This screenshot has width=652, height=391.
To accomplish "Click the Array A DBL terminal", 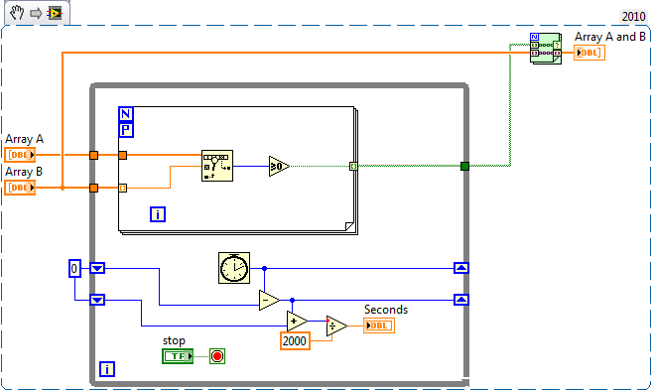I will click(x=20, y=155).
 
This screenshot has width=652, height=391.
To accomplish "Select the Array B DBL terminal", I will click(x=20, y=188).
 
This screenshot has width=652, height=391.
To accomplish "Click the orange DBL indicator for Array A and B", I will click(x=587, y=53).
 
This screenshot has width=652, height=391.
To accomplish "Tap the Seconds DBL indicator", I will click(x=377, y=326).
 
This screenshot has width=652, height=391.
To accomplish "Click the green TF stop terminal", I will click(x=178, y=355).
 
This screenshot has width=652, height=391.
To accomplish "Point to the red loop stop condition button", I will click(x=217, y=355).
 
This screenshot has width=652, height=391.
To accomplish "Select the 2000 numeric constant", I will click(x=294, y=340).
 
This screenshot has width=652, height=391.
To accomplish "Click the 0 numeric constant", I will click(x=74, y=268).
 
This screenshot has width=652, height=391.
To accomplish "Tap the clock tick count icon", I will click(x=234, y=267).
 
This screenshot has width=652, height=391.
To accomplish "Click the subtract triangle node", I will click(x=268, y=300).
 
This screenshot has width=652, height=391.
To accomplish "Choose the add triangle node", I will click(x=296, y=320).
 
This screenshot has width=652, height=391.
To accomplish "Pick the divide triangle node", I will click(x=336, y=326).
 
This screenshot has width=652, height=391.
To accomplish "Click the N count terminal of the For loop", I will click(x=126, y=113).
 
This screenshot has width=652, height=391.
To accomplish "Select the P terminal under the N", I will click(x=126, y=129).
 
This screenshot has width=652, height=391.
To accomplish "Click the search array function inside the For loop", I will click(x=216, y=165).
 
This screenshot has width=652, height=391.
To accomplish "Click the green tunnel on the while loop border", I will click(x=463, y=166).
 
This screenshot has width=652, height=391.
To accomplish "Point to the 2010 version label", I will click(x=633, y=16).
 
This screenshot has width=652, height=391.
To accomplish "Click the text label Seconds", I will click(x=385, y=310).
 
